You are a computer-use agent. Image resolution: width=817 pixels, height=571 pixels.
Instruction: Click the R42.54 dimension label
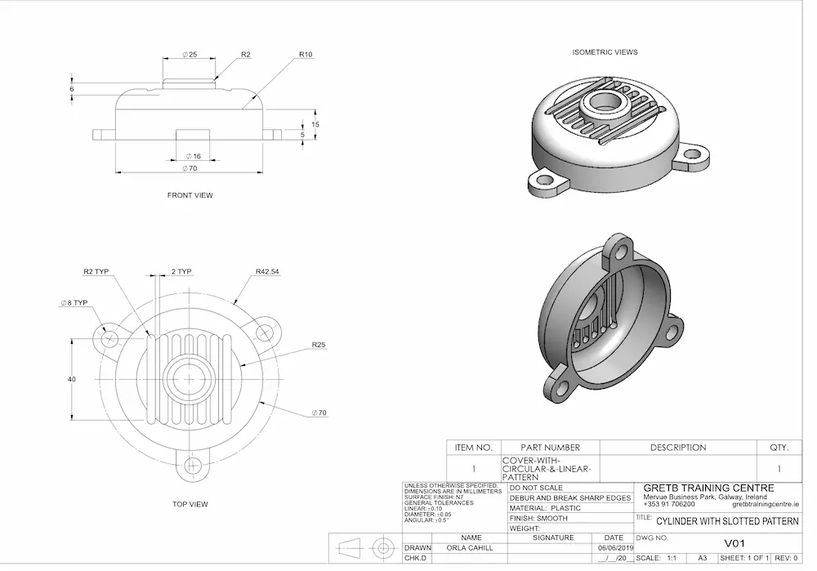(267, 271)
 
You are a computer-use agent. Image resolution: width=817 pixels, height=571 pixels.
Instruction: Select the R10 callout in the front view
(306, 55)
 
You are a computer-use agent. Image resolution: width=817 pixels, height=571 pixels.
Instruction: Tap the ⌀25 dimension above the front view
(189, 55)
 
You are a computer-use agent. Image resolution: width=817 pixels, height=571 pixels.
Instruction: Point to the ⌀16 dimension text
(193, 156)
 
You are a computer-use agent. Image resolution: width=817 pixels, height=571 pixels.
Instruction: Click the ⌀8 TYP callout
(73, 303)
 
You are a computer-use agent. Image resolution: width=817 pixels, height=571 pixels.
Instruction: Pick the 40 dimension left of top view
(71, 379)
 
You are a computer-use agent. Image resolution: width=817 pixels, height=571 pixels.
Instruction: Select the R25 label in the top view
(318, 346)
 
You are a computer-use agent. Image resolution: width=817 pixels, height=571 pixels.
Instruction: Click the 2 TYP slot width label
(181, 271)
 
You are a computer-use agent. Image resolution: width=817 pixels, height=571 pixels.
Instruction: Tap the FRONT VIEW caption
(190, 195)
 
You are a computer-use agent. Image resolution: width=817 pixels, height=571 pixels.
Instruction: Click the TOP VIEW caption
(190, 504)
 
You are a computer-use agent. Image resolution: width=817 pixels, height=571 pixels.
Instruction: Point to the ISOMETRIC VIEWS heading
(605, 52)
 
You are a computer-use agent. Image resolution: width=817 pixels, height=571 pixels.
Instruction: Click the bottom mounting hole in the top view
(193, 466)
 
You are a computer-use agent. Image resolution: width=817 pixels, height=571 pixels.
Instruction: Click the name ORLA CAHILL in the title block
(471, 548)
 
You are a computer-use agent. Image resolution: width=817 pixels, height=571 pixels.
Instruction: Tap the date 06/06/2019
(615, 548)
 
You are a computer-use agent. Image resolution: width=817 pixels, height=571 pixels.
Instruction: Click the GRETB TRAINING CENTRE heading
(708, 488)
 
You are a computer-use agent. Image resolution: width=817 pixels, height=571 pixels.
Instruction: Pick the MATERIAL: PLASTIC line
(545, 508)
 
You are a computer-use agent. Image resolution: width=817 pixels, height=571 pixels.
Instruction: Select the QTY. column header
(779, 448)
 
